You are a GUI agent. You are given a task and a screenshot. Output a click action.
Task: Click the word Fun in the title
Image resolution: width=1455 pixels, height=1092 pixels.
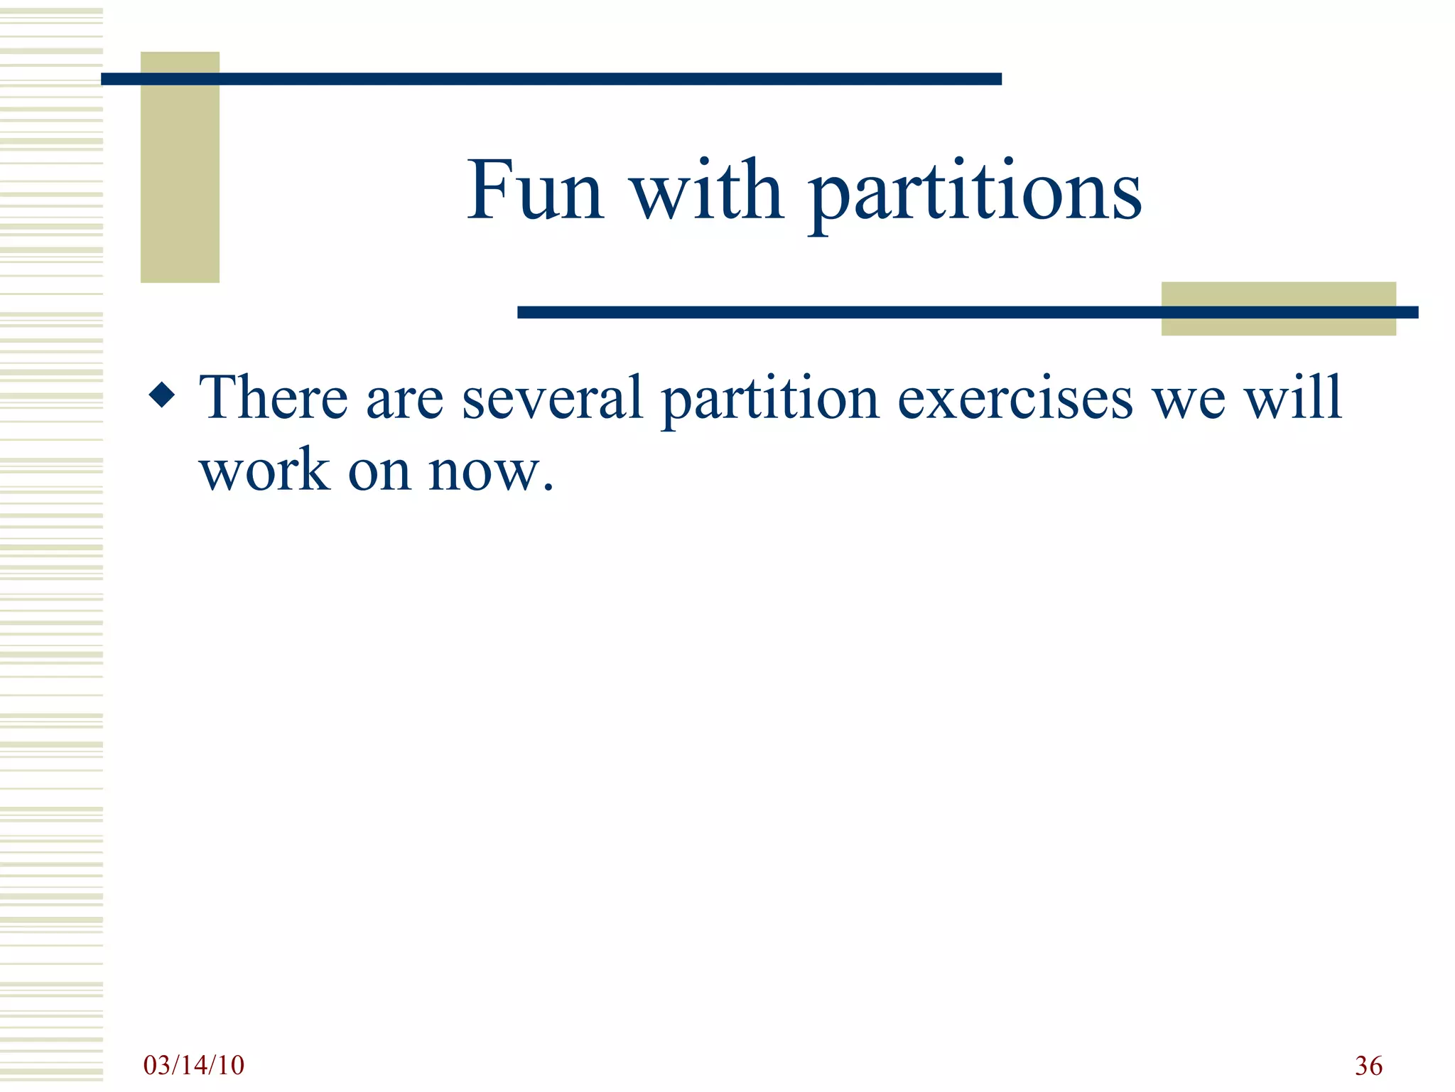click(x=534, y=191)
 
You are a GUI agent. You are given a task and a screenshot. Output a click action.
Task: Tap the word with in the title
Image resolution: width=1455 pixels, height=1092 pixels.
click(x=707, y=191)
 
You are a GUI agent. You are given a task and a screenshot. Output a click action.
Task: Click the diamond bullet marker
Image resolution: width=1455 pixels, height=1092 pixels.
click(x=162, y=395)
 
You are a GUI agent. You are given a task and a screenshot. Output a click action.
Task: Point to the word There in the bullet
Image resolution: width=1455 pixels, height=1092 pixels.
click(x=274, y=398)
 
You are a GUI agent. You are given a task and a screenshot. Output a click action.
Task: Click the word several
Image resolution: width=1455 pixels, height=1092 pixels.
click(x=553, y=398)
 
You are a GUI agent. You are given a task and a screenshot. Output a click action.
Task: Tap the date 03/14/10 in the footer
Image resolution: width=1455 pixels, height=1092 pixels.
click(x=193, y=1065)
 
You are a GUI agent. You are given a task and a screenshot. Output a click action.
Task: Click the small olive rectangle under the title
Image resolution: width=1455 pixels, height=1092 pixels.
click(x=1278, y=323)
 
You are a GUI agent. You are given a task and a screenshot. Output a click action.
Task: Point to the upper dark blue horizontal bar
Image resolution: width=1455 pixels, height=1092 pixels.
click(x=551, y=79)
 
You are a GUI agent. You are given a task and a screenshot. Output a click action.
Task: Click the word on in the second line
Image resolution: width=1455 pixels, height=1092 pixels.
click(x=379, y=472)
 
